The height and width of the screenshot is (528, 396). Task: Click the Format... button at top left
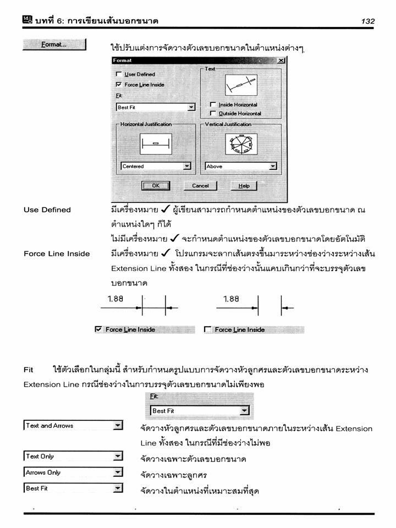54,45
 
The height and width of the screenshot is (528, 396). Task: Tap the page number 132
368,21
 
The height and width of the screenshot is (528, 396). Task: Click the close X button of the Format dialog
281,61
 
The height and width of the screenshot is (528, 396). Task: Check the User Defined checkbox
119,74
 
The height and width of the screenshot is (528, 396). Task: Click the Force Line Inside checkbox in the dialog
119,84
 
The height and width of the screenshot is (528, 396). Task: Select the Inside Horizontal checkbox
212,105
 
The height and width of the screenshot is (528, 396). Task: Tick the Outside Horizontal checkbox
212,113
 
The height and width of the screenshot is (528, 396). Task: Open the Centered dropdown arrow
187,166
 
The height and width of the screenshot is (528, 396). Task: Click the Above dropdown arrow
273,166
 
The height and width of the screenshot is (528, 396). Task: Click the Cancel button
200,185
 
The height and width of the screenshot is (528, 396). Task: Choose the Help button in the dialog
244,185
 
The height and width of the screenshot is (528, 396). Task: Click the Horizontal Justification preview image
156,144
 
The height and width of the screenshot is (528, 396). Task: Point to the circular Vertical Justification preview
241,144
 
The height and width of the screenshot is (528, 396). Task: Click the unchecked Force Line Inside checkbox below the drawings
208,329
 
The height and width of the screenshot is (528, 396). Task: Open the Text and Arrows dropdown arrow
118,425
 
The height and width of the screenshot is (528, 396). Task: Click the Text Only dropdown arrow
118,456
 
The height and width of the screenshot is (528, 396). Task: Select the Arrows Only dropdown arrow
118,472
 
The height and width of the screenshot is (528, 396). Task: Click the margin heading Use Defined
47,210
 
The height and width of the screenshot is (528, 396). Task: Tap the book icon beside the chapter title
28,20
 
